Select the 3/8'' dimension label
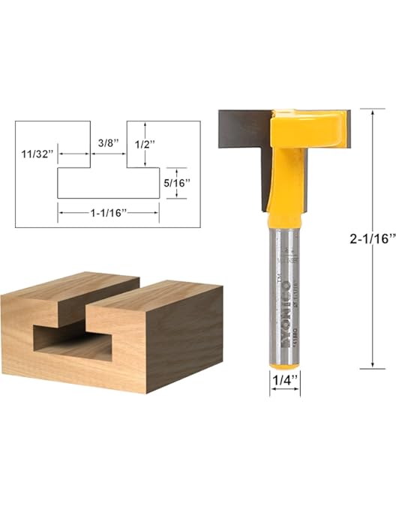tap(108, 141)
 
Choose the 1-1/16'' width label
tap(107, 213)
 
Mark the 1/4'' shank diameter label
tap(284, 380)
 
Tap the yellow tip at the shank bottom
tap(284, 361)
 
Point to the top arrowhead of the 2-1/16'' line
tap(373, 112)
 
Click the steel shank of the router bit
tap(284, 285)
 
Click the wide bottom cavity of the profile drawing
tap(108, 183)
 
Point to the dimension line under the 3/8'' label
tap(108, 154)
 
